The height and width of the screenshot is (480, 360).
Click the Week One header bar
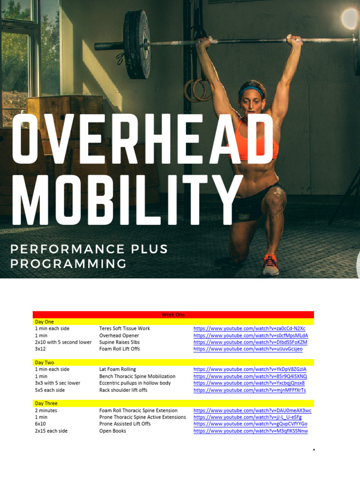pos(173,315)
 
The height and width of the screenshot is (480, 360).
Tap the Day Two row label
pos(44,362)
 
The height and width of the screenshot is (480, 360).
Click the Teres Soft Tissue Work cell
pos(125,329)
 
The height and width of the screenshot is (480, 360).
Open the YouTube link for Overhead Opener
pos(250,336)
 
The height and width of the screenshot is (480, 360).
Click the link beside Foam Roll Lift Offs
pos(248,349)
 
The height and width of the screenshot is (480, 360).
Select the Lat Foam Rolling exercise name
pos(118,369)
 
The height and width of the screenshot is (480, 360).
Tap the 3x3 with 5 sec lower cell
pos(57,383)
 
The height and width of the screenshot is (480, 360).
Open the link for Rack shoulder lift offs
pos(249,390)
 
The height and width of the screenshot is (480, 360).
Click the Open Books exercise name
pos(112,431)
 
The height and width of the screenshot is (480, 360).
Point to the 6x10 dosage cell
pos(40,424)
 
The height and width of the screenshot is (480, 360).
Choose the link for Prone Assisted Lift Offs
pos(250,424)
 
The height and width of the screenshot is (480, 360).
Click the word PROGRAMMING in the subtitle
pos(68,263)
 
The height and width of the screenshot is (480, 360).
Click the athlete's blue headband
pos(252,90)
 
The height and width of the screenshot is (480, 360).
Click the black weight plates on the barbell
pos(136,45)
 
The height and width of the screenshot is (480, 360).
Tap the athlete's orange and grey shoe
pos(270,265)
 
